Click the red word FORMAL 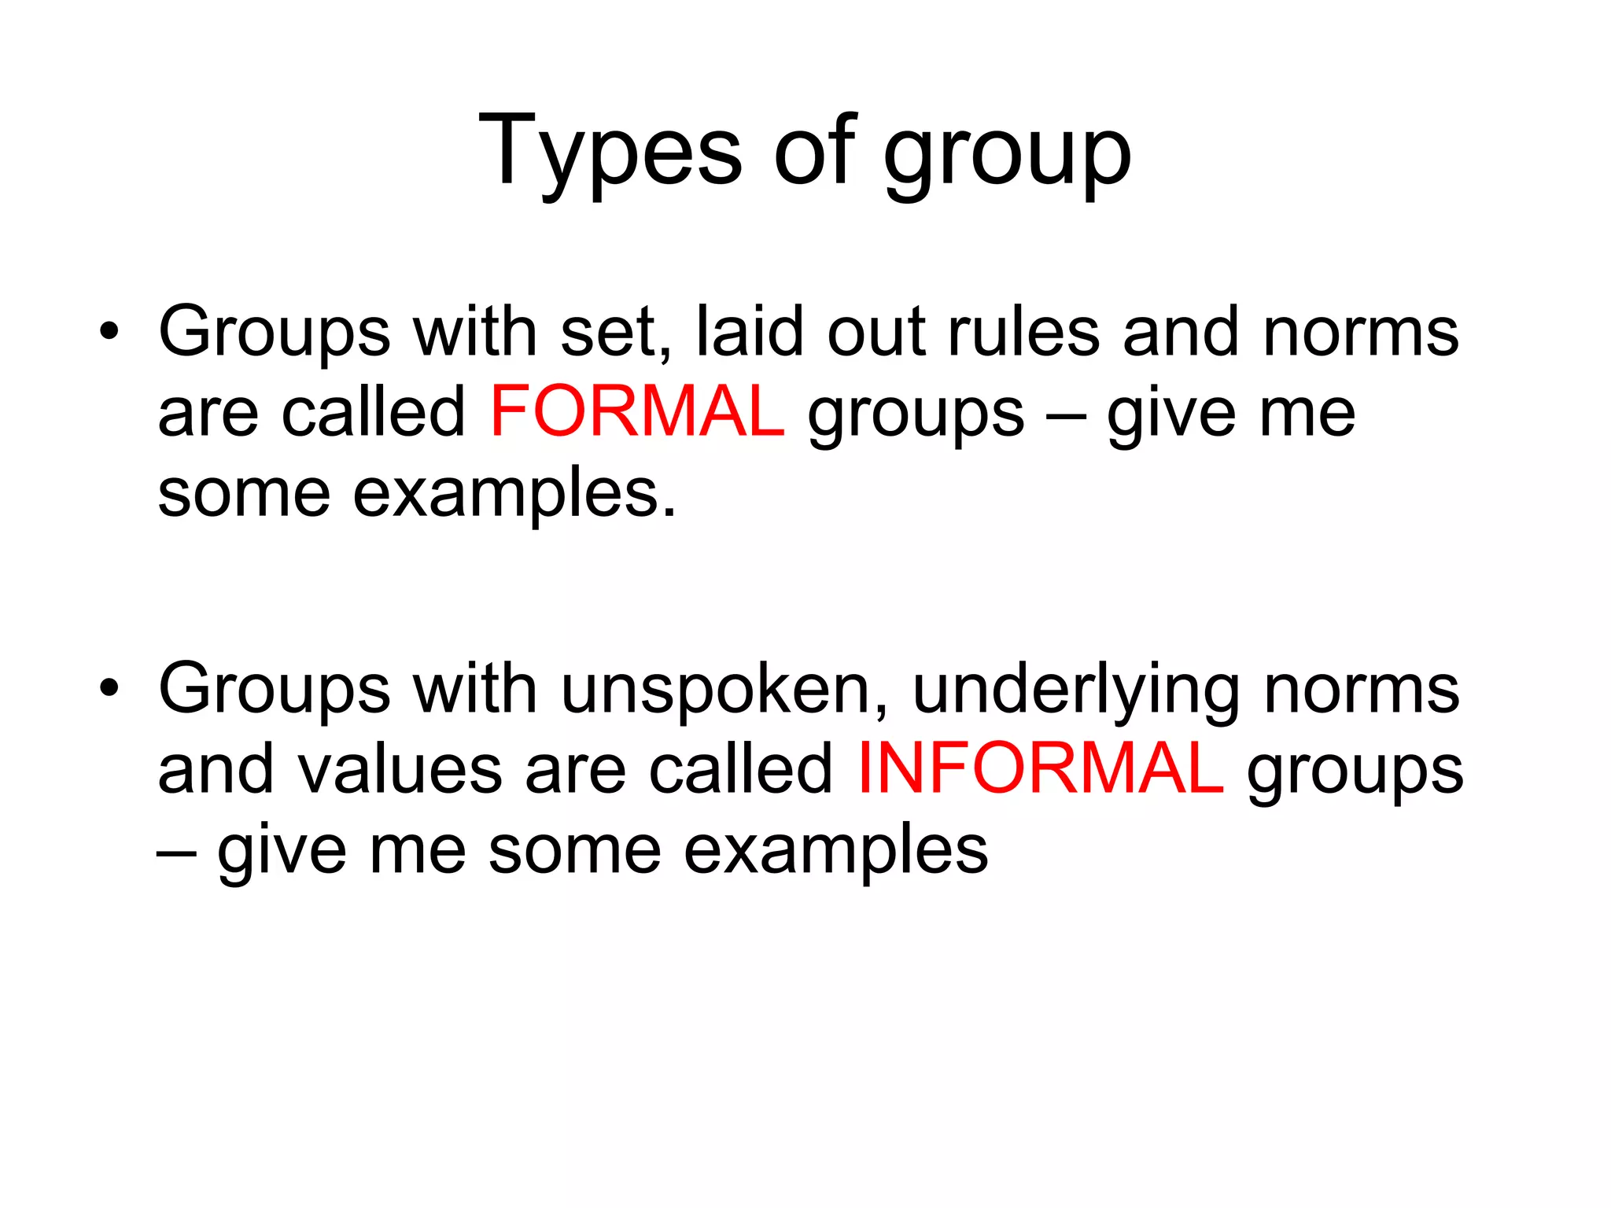(x=636, y=412)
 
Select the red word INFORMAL (x=1040, y=768)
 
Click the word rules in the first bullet (x=1023, y=331)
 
